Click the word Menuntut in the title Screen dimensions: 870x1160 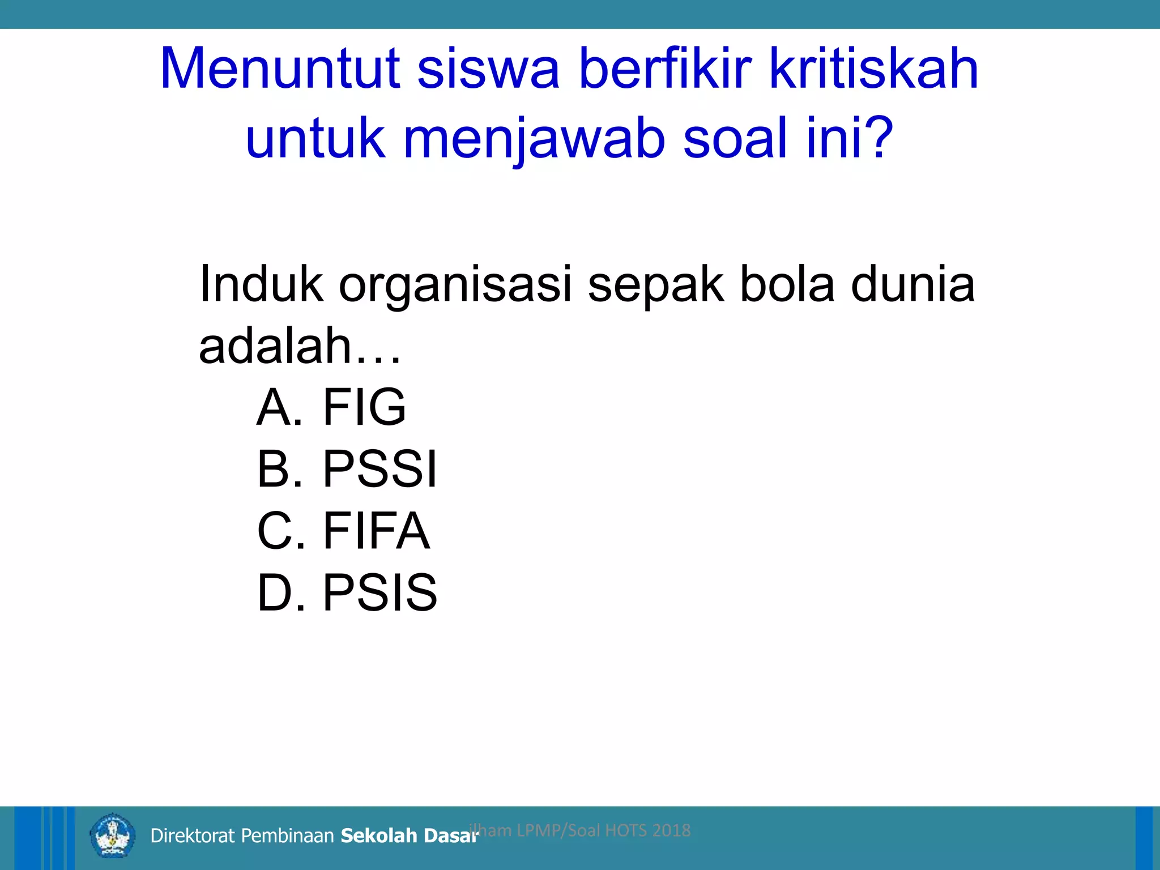click(280, 69)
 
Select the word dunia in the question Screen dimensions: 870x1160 click(912, 284)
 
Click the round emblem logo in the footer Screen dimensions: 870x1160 click(113, 835)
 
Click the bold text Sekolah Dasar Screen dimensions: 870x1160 click(410, 835)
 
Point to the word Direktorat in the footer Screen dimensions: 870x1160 click(192, 835)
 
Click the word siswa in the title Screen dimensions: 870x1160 click(488, 69)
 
